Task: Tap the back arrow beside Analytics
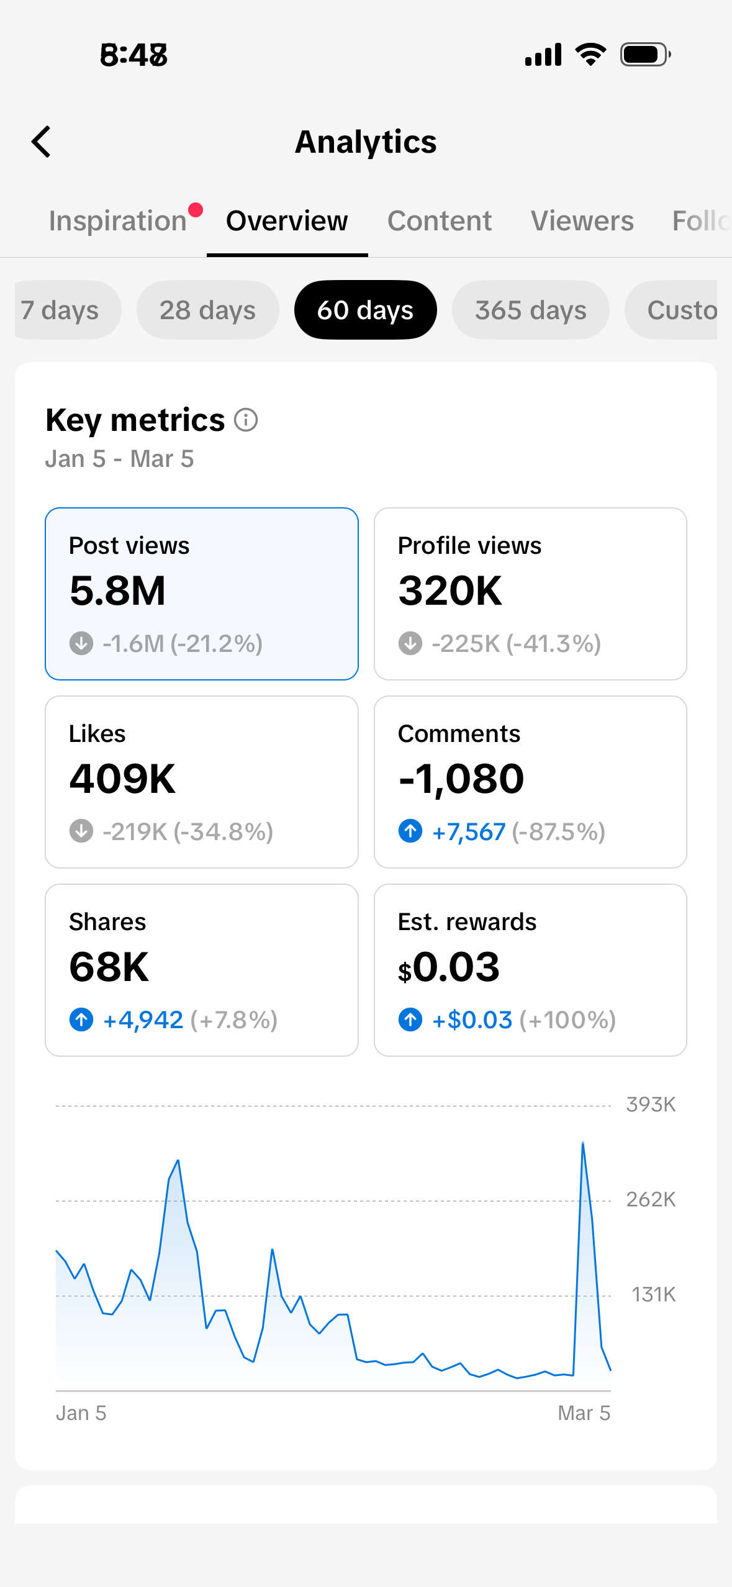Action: point(41,142)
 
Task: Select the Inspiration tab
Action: point(118,221)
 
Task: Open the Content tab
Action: point(440,221)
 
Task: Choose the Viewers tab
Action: point(582,221)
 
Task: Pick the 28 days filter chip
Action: point(207,310)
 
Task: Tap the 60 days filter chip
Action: point(365,310)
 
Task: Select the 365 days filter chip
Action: point(531,310)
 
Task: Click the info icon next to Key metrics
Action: point(246,420)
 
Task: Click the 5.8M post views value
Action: point(117,590)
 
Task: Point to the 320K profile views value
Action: point(450,590)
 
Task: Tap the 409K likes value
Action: point(122,779)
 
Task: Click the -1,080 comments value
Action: point(461,779)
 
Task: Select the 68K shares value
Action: point(109,967)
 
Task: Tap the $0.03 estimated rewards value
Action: point(449,967)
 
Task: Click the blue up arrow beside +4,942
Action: point(81,1020)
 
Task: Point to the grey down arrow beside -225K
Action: point(410,643)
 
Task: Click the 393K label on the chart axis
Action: point(651,1105)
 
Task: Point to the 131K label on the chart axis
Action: point(653,1295)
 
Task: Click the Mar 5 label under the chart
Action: point(584,1413)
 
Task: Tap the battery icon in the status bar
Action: point(646,55)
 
